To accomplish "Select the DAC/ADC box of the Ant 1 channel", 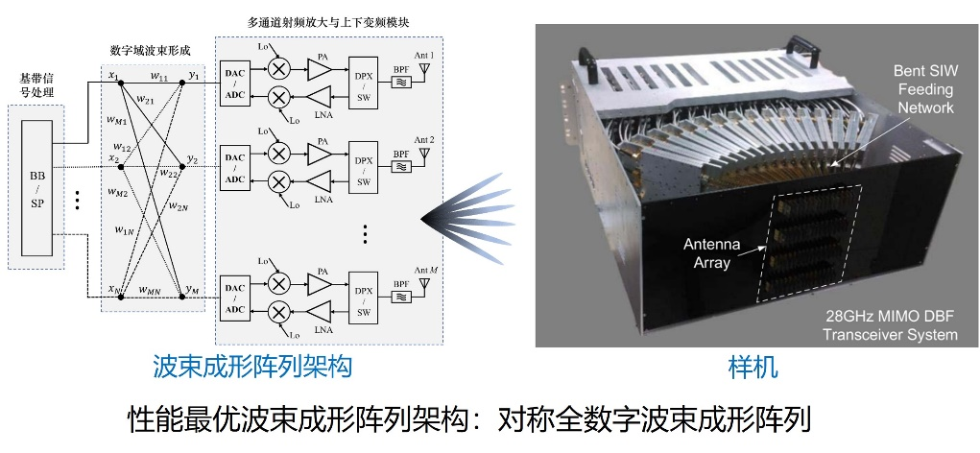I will click(x=235, y=83).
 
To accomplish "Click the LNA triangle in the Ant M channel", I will click(x=318, y=309).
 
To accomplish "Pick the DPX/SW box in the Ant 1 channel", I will click(x=363, y=83).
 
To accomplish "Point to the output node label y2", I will click(x=193, y=158).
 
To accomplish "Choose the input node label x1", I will click(x=112, y=76).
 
